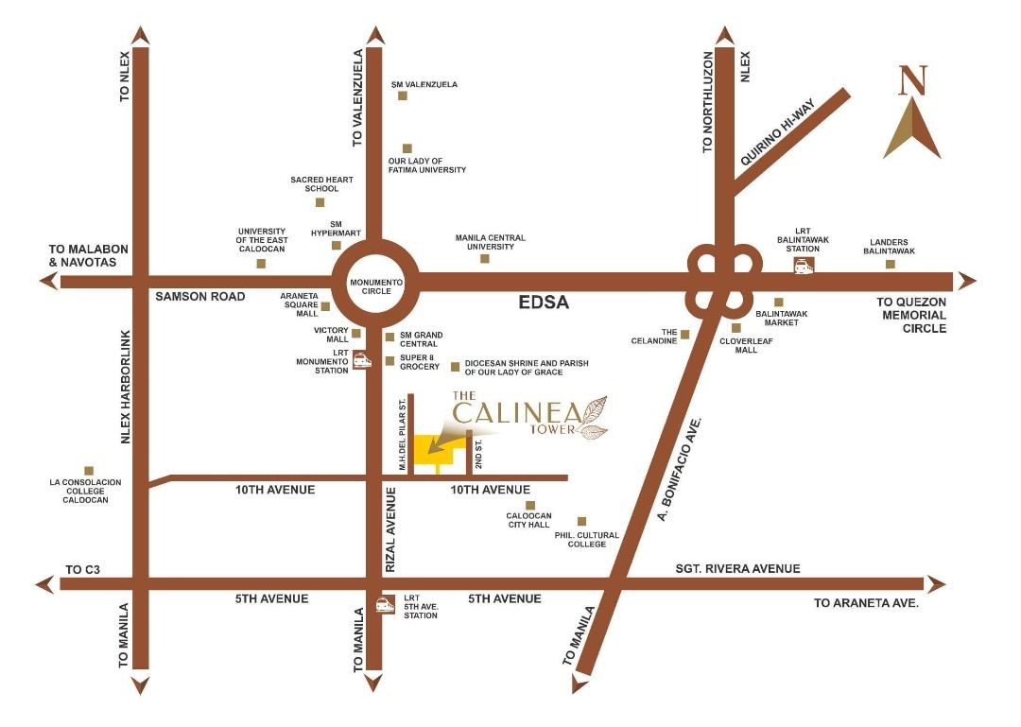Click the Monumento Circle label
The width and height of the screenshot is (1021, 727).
coord(376,287)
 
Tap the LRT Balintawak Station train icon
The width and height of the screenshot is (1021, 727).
coord(805,267)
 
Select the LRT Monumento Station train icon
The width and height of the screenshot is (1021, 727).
coord(360,359)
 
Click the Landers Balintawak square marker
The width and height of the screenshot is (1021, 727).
coord(890,264)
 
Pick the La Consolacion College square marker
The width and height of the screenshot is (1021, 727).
coord(89,470)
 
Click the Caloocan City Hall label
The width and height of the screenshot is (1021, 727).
coord(529,520)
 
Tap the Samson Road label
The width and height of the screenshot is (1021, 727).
coord(200,297)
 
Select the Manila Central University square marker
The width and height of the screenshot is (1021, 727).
coord(485,258)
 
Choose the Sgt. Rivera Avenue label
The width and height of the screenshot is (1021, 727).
coord(737,568)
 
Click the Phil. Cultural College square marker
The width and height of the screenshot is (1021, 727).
coord(581,521)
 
